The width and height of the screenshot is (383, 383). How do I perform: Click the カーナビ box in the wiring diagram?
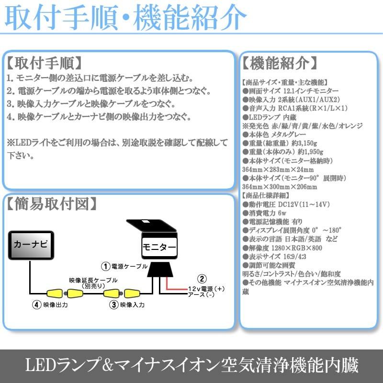click(x=32, y=245)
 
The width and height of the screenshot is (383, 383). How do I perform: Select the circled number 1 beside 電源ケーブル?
click(x=104, y=265)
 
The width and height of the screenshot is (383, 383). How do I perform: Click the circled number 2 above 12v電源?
click(x=203, y=280)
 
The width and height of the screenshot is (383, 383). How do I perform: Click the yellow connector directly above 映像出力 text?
click(x=54, y=293)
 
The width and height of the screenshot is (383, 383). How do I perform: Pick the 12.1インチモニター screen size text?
click(x=312, y=91)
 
